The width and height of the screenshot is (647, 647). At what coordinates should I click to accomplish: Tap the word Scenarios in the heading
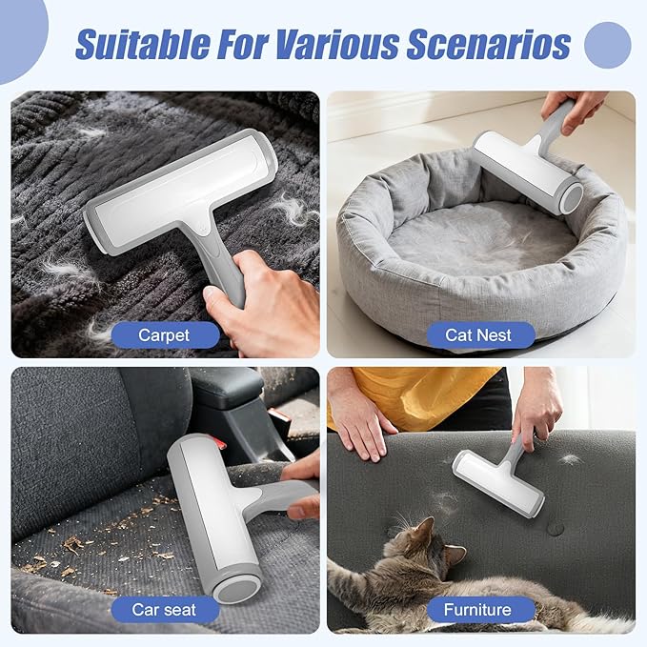(x=489, y=43)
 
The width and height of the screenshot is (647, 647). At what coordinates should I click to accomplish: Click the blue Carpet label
(x=165, y=335)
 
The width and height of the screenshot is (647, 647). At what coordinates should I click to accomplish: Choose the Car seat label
(x=165, y=610)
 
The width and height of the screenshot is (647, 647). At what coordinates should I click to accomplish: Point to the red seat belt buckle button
(x=221, y=445)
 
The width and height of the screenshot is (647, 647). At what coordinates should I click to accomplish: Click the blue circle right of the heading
(x=607, y=45)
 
